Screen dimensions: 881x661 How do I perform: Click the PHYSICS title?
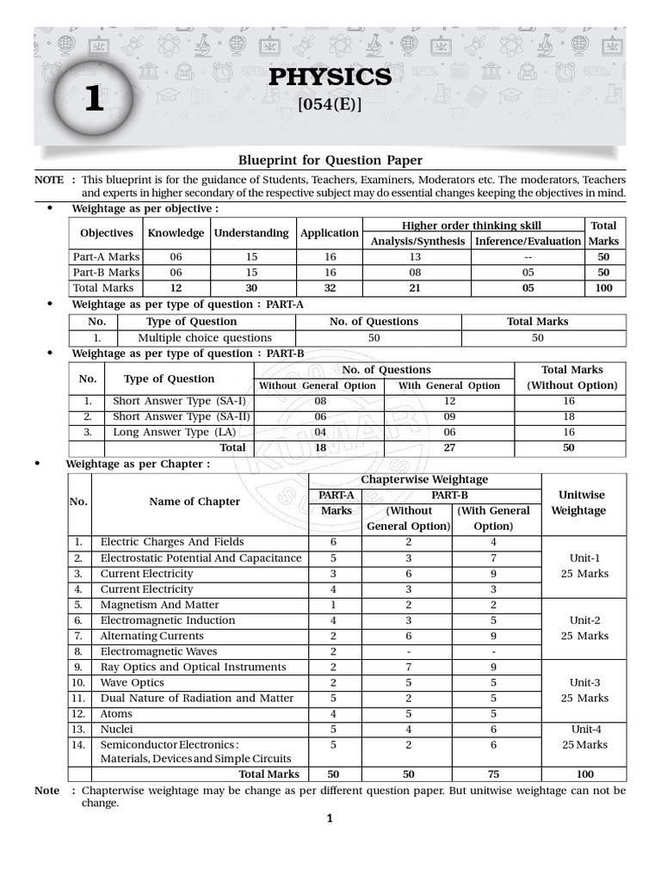pos(330,77)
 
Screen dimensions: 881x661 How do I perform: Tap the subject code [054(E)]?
pos(330,107)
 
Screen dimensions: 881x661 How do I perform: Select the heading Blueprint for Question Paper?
pos(330,160)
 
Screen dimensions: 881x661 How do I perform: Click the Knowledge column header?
pos(176,233)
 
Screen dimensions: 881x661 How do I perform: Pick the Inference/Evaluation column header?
pos(528,241)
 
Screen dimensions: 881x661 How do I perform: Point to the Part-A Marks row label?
pos(106,256)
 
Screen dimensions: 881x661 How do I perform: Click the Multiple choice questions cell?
pos(205,338)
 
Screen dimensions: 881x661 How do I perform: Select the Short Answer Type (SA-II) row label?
pos(179,416)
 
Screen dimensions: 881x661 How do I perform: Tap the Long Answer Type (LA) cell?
pos(173,432)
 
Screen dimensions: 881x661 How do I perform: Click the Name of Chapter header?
pos(195,502)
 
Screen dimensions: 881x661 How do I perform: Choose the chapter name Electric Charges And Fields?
pos(172,542)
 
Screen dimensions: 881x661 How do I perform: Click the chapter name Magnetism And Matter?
pos(159,605)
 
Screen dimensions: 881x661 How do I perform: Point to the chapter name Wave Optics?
pos(132,682)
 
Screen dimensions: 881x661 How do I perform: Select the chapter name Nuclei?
pos(118,729)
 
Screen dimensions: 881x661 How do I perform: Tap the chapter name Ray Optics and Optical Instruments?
pos(193,667)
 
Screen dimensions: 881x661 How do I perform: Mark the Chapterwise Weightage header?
pos(424,479)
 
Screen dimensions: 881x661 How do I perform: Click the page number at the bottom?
pos(330,819)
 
